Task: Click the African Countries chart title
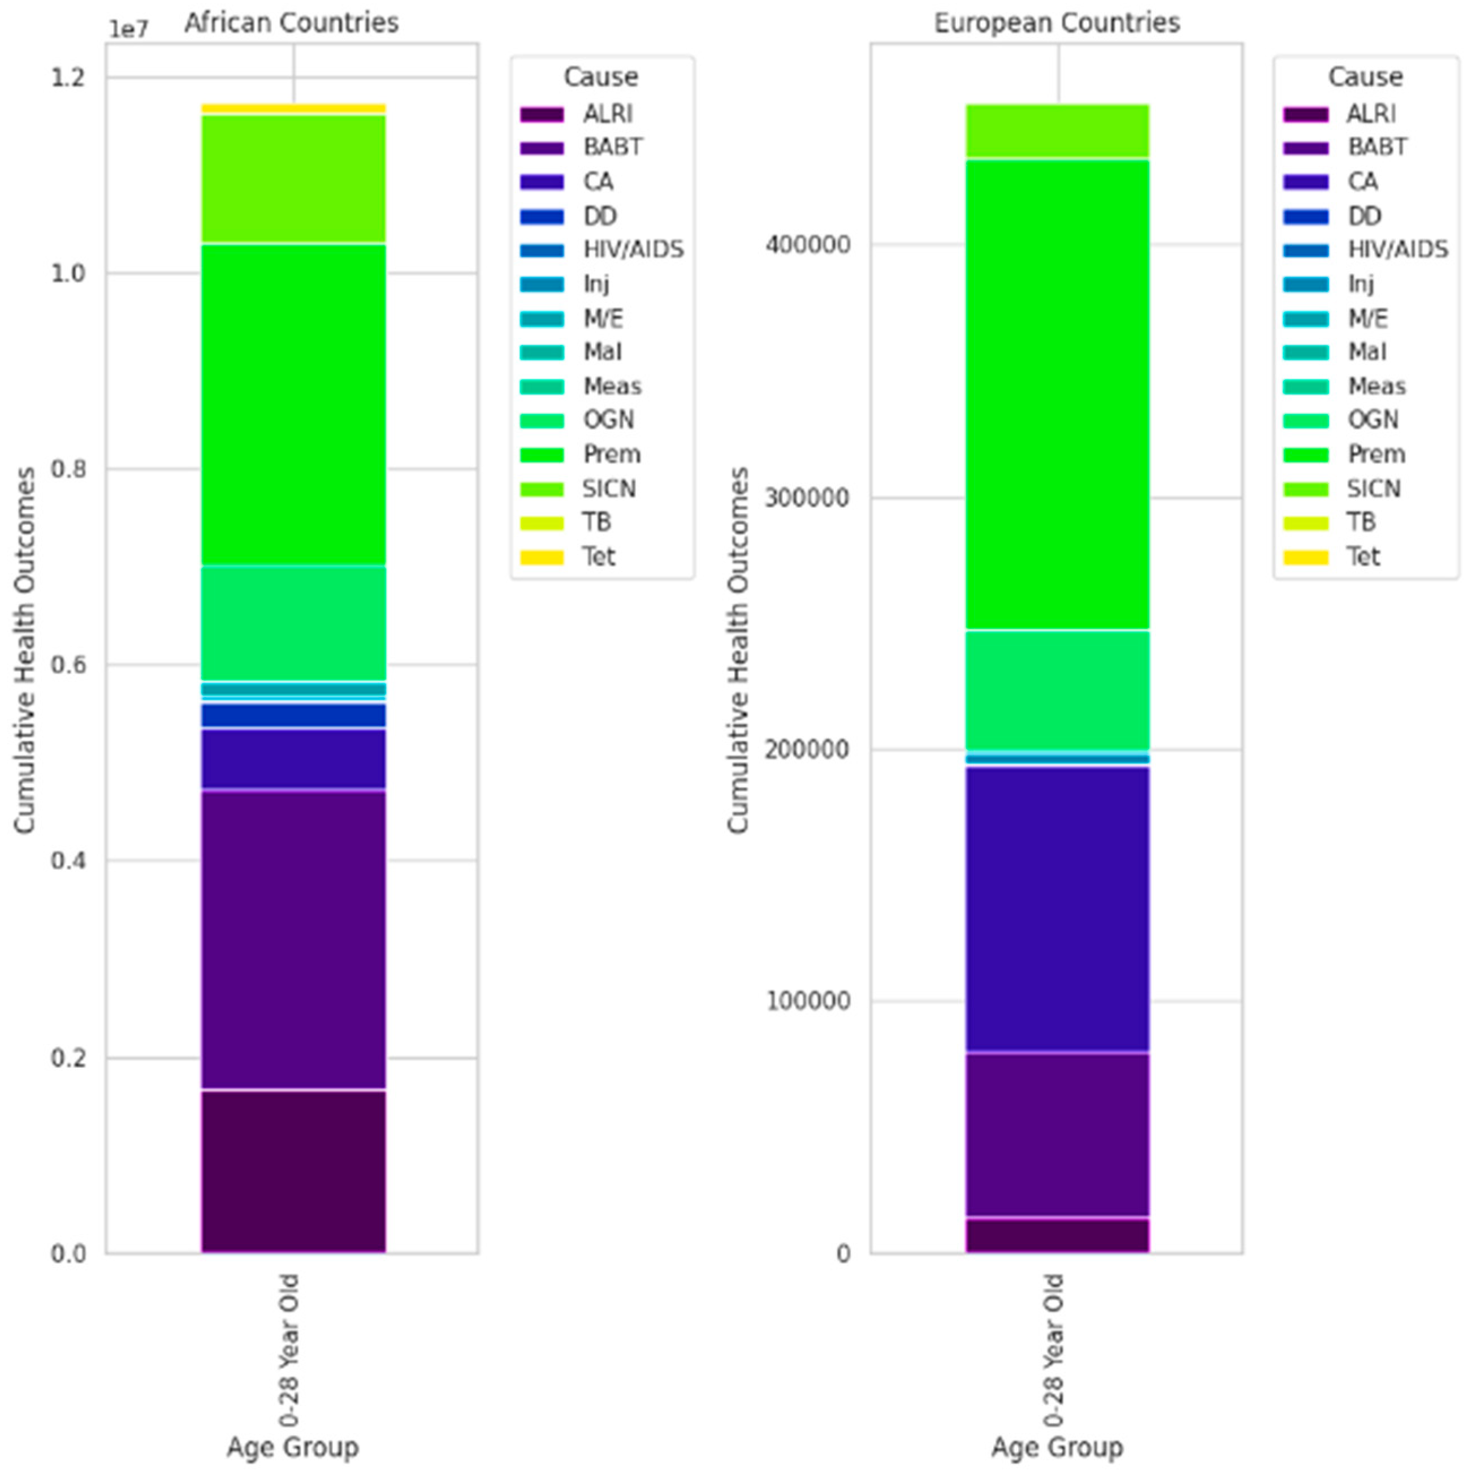291,23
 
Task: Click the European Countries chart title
1057,23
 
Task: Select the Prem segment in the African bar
293,405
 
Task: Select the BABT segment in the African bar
293,940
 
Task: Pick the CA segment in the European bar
1057,909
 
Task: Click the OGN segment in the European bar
1057,690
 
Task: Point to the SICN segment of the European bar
1057,131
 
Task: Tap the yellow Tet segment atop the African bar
293,109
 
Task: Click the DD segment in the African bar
293,715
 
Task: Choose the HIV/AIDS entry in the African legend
633,250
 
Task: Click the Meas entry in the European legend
1376,386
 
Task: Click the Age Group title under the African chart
293,1447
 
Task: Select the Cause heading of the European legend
1365,76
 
